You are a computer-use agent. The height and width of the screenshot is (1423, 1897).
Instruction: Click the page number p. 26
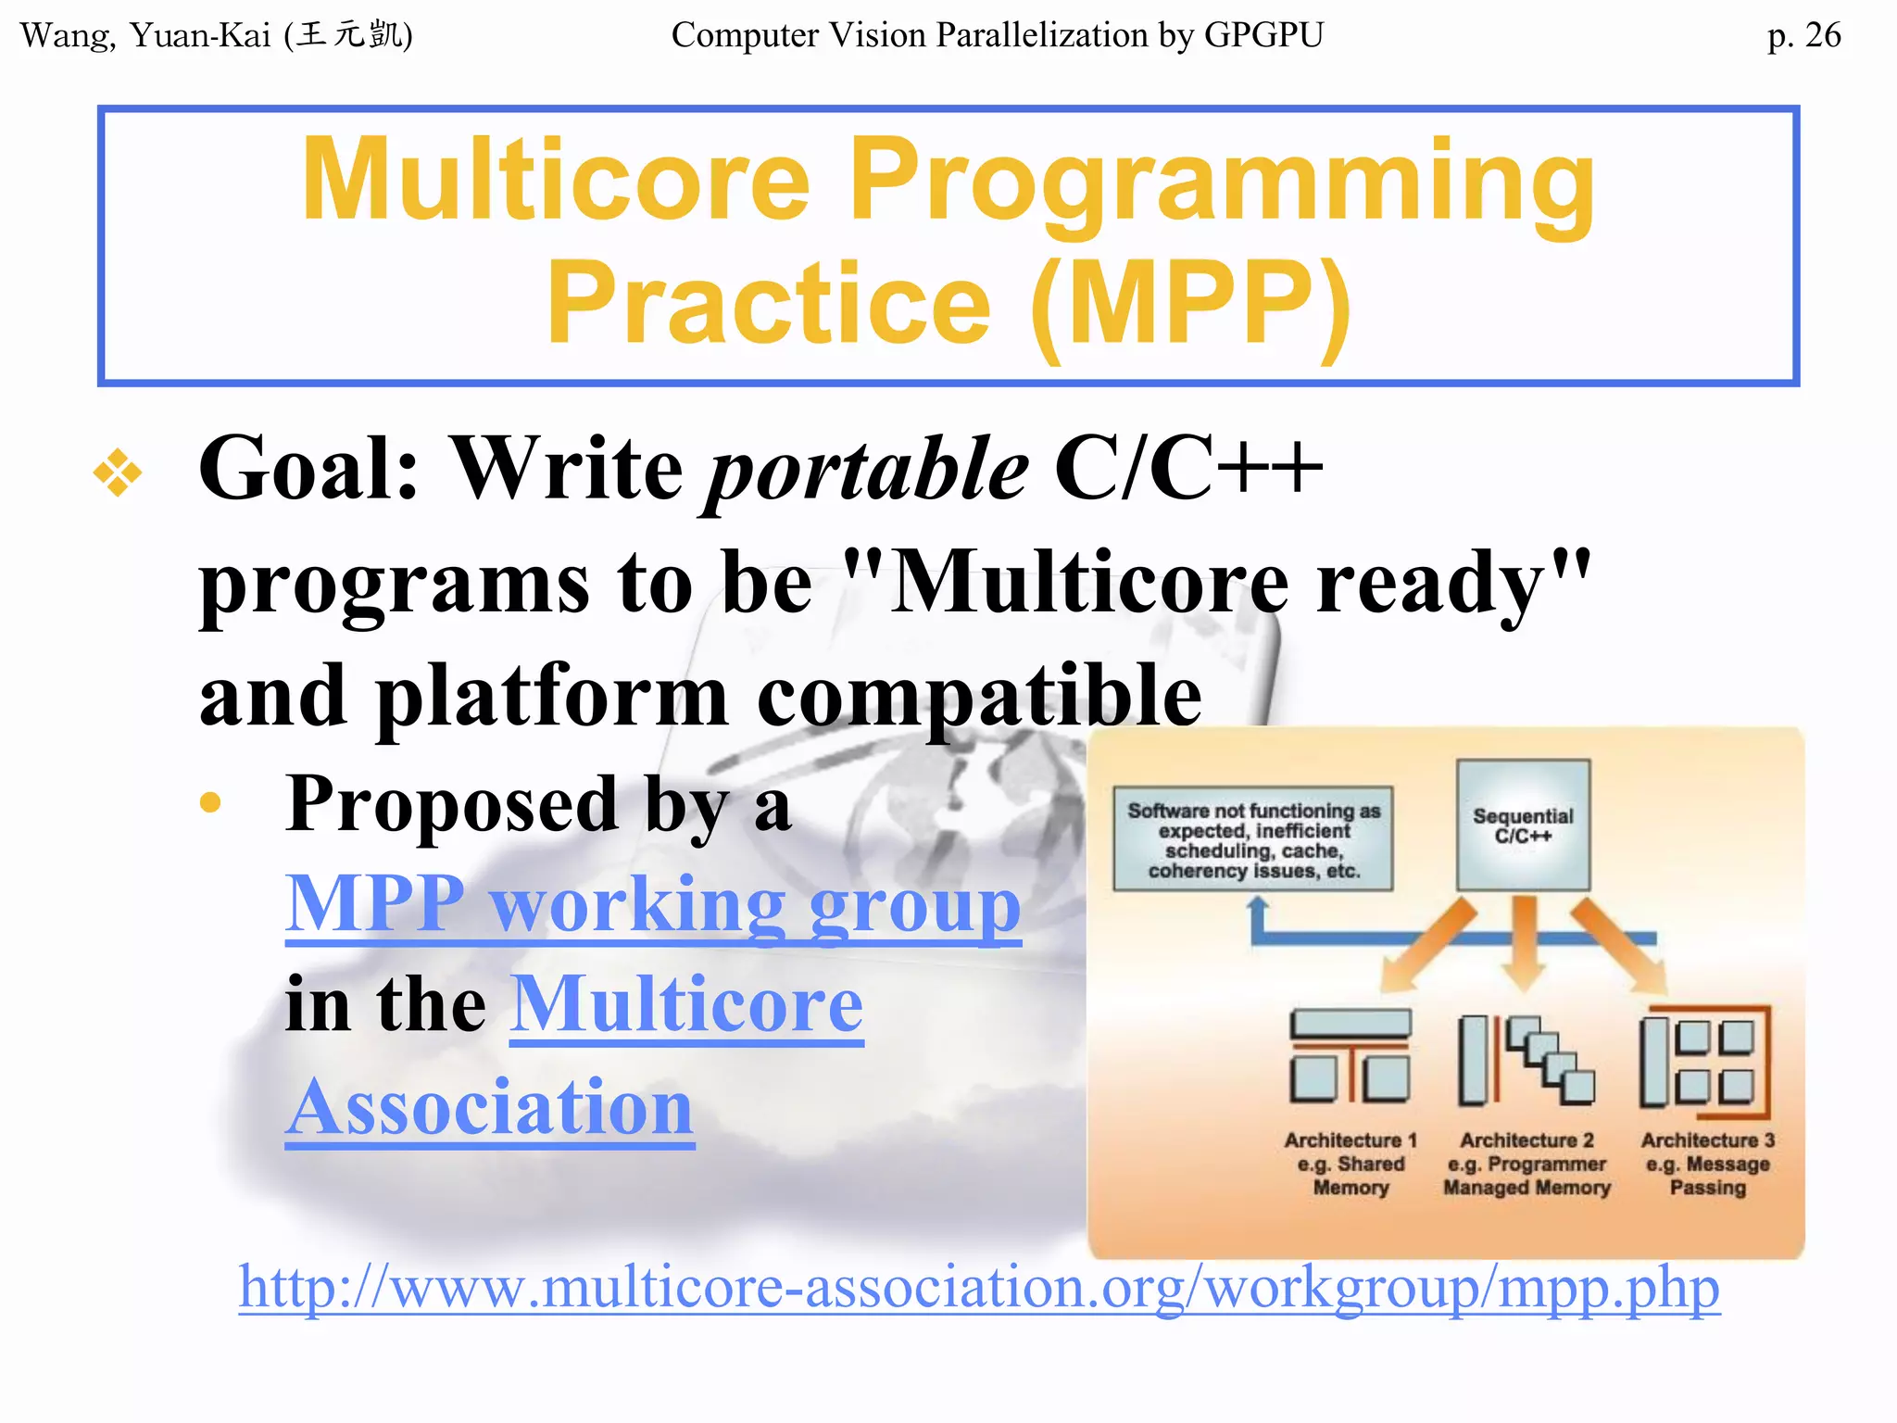[x=1803, y=36]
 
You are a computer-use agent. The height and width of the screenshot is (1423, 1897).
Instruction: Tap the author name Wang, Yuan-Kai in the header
[x=145, y=36]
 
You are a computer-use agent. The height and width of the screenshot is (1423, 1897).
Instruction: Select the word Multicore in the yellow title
[x=556, y=181]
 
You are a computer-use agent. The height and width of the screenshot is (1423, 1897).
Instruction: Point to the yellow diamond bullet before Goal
[x=118, y=472]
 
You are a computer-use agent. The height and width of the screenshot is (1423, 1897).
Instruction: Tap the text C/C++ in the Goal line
[x=1187, y=469]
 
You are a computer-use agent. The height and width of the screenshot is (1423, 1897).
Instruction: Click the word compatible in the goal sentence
[x=979, y=697]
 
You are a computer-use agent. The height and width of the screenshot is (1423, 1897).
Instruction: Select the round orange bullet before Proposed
[x=210, y=802]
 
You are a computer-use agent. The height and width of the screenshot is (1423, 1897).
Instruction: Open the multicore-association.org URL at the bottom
[x=978, y=1288]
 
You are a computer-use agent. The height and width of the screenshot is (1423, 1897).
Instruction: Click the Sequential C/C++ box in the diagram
[x=1523, y=825]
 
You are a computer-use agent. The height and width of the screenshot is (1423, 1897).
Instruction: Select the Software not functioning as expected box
[x=1253, y=839]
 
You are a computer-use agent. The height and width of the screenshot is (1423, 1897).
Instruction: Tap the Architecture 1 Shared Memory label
[x=1351, y=1164]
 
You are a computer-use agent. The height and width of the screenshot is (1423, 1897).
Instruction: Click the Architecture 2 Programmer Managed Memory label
[x=1526, y=1164]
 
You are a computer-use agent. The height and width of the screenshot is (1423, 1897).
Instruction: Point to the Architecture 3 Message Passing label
[x=1707, y=1164]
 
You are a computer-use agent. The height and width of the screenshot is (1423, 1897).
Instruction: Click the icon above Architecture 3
[x=1704, y=1059]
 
